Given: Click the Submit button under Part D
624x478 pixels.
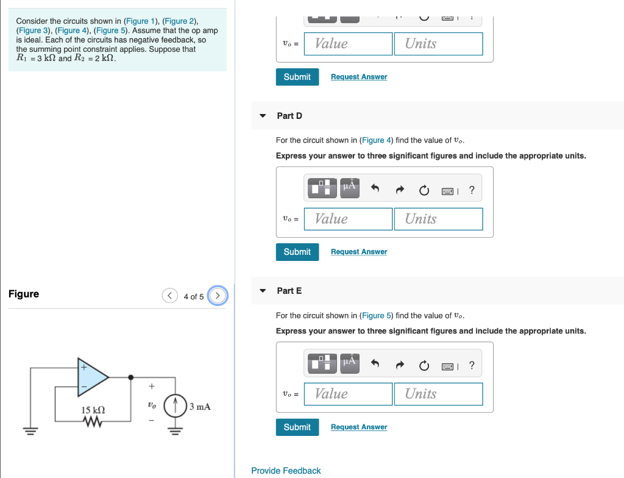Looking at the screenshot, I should pyautogui.click(x=297, y=252).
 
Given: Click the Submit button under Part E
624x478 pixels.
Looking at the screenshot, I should pyautogui.click(x=297, y=427).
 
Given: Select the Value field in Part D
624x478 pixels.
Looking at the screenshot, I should pyautogui.click(x=348, y=219).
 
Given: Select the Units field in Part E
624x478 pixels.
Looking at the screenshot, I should pyautogui.click(x=438, y=394).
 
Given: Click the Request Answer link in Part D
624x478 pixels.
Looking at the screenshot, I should pyautogui.click(x=359, y=252).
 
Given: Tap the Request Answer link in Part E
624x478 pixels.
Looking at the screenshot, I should pyautogui.click(x=359, y=427).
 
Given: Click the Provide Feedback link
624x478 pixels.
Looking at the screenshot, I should pyautogui.click(x=286, y=471).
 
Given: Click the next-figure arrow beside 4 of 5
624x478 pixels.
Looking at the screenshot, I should pyautogui.click(x=218, y=296).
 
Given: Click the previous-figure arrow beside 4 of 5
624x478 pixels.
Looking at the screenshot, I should pyautogui.click(x=169, y=296).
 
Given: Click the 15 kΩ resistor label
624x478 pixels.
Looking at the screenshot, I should pyautogui.click(x=93, y=410).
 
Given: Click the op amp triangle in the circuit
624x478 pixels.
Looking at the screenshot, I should pyautogui.click(x=91, y=377).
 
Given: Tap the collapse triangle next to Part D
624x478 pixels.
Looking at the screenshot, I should pyautogui.click(x=263, y=116).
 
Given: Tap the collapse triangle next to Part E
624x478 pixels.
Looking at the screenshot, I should pyautogui.click(x=263, y=291).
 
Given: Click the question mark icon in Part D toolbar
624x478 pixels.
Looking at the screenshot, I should pyautogui.click(x=472, y=190).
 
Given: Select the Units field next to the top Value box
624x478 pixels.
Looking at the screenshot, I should pyautogui.click(x=438, y=44).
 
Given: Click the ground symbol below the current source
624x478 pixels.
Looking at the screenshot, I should pyautogui.click(x=175, y=430).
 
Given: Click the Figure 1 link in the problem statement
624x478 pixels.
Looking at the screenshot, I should pyautogui.click(x=141, y=21).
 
